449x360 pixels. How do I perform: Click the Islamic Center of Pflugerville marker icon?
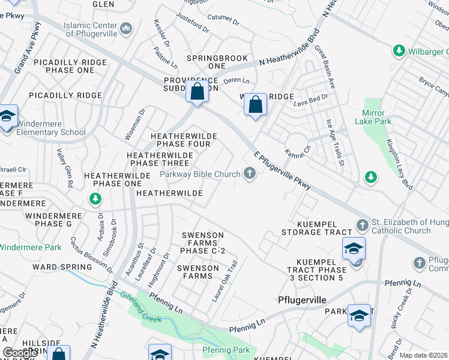(x=126, y=28)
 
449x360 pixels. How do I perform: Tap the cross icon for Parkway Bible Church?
(x=250, y=174)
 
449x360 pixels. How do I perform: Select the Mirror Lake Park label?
(x=376, y=117)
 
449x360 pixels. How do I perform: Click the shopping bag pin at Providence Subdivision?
(x=196, y=92)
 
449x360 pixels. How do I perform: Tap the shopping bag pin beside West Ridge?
(x=255, y=104)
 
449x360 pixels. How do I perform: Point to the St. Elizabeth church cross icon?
(x=361, y=225)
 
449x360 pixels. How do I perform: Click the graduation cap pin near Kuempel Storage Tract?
(x=354, y=248)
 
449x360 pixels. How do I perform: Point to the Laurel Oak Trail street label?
(x=224, y=280)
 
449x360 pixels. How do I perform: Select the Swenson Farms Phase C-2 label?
(x=203, y=243)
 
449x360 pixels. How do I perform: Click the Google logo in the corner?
(x=20, y=353)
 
